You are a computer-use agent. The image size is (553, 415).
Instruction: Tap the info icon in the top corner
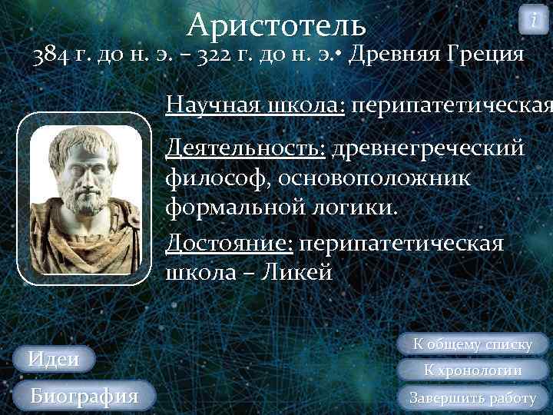click(534, 18)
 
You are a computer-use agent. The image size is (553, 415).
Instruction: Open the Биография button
click(84, 396)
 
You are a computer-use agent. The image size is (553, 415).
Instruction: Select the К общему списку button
click(473, 344)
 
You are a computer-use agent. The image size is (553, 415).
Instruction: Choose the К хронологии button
click(473, 370)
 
